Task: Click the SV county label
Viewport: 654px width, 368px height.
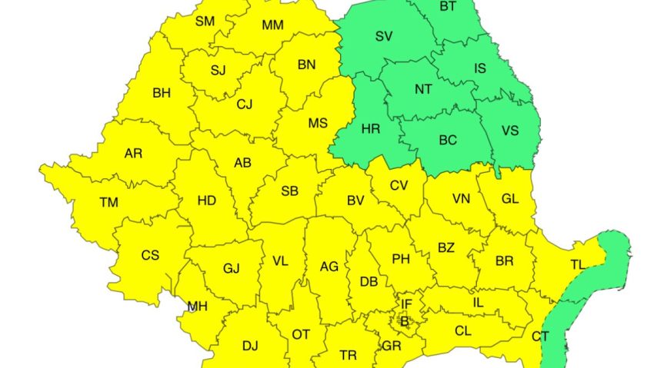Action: tap(383, 36)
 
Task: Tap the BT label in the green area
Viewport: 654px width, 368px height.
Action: tap(447, 7)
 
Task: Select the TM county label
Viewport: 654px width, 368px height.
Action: tap(108, 203)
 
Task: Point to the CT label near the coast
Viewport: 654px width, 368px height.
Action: tap(540, 337)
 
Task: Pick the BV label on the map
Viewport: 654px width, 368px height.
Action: tap(355, 201)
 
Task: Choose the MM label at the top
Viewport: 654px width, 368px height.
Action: tap(272, 25)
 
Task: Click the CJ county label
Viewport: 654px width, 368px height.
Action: tap(245, 104)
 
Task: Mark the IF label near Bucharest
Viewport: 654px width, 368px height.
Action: tap(407, 305)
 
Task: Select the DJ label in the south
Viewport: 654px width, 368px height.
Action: tap(250, 346)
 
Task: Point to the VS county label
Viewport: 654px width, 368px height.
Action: tap(510, 131)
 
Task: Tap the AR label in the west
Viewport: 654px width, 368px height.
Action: tap(133, 154)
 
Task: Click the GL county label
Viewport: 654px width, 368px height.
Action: tap(510, 198)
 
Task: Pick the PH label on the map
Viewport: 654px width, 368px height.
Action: tap(401, 259)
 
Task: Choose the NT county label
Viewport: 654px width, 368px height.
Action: tap(423, 89)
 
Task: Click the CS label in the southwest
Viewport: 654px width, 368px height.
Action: tap(150, 255)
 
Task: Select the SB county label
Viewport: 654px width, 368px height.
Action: tap(290, 191)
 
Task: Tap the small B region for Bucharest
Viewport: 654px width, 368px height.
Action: tap(405, 321)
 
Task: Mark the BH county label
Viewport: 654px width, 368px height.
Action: tap(162, 94)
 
